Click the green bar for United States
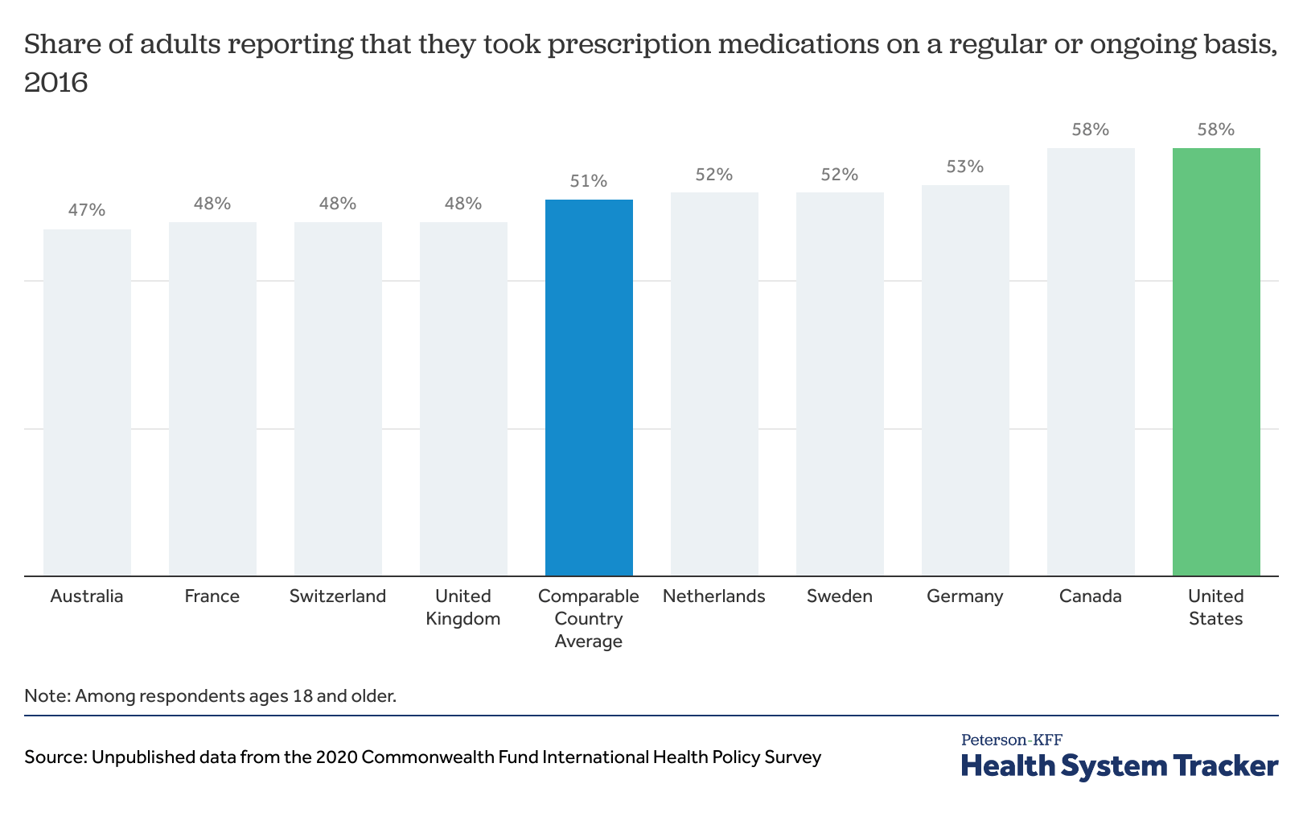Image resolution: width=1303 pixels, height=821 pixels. (1215, 362)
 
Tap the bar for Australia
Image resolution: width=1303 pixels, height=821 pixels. (87, 402)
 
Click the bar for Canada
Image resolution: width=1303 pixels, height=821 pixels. (1091, 362)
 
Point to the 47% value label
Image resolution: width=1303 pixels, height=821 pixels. (87, 210)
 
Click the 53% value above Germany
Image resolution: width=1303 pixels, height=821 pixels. (965, 167)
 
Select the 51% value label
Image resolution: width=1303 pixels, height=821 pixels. (589, 181)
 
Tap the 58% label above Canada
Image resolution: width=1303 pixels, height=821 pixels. (1091, 130)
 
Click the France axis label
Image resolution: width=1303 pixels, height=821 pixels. (212, 596)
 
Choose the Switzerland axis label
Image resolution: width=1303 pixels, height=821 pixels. (338, 596)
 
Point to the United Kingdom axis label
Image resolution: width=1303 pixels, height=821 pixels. (463, 608)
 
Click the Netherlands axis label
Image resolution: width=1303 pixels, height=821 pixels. (714, 596)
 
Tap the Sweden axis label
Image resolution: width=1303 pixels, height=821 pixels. (840, 596)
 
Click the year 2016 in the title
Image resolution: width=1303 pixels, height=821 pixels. (55, 83)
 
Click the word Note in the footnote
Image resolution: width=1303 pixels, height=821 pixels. (46, 695)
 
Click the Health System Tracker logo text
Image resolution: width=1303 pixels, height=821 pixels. (1120, 766)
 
